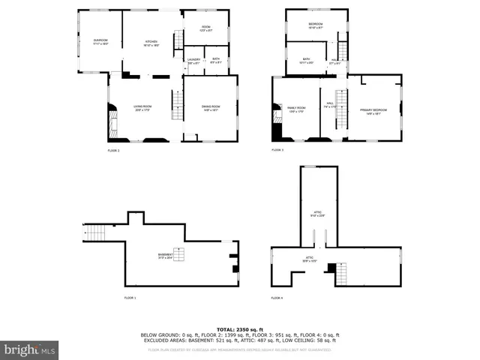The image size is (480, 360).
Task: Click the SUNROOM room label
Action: tap(100, 40)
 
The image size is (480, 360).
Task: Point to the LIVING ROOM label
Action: tap(142, 108)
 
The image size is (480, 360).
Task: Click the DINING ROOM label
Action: tap(211, 108)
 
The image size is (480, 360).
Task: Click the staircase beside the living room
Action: tap(178, 106)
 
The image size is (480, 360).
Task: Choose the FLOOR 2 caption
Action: tap(113, 151)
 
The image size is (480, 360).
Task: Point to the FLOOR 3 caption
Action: tap(277, 151)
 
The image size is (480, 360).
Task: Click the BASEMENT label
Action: tap(166, 256)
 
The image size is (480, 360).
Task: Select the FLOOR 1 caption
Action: tap(130, 298)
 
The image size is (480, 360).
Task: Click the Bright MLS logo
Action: tap(29, 349)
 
